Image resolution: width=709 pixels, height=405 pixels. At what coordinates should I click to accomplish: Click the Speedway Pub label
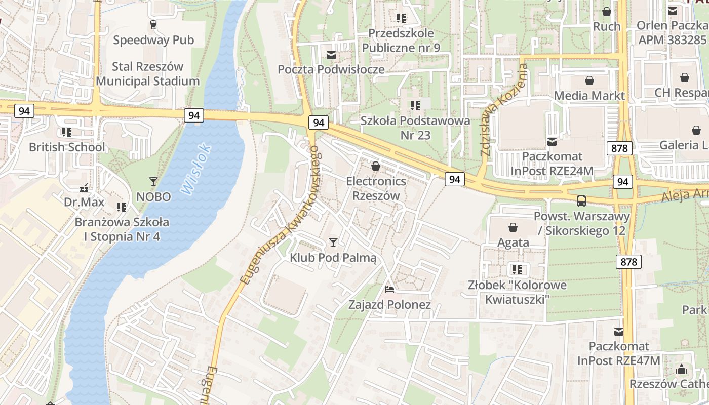tap(153, 40)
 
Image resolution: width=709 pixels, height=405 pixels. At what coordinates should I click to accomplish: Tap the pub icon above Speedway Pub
tap(153, 24)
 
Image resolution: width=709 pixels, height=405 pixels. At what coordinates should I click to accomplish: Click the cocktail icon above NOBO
tap(153, 181)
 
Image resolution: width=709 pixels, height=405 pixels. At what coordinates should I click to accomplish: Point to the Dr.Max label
tap(84, 202)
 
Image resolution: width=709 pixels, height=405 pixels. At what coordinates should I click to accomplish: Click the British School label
tap(67, 147)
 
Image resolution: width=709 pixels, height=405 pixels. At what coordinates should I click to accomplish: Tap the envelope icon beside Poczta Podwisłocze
tap(331, 55)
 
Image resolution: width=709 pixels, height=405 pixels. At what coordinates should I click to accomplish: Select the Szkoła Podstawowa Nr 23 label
tap(415, 128)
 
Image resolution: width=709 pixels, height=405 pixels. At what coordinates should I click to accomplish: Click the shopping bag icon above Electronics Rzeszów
tap(376, 166)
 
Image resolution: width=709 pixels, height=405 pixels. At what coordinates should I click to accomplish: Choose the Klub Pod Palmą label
tap(333, 258)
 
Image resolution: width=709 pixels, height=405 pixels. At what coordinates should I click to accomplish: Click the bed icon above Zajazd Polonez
tap(389, 290)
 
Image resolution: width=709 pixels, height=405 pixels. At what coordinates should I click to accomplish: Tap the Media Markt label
tap(589, 96)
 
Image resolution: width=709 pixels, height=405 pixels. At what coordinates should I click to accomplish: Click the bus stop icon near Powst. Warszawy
tap(581, 201)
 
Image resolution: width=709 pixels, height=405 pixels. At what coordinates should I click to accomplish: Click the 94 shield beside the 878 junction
tap(622, 181)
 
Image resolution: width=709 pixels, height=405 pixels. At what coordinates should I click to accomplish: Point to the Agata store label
tap(513, 242)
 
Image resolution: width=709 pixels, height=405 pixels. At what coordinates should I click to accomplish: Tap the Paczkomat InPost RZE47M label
tap(619, 354)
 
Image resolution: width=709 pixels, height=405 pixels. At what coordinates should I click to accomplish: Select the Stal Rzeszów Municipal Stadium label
tap(148, 74)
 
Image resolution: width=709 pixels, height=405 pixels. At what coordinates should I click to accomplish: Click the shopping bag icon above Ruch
tap(607, 12)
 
